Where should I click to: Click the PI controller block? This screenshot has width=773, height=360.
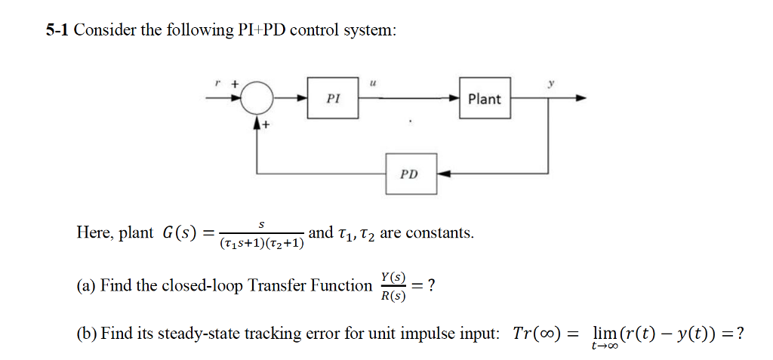333,97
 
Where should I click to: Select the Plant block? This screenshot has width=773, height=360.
484,98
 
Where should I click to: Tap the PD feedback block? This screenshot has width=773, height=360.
409,174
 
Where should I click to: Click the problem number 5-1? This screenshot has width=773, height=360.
57,30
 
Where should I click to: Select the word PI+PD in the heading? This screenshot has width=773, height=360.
260,30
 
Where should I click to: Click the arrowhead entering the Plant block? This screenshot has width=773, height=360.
454,98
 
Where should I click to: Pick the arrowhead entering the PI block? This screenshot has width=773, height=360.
302,98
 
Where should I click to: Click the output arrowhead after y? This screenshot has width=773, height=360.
581,98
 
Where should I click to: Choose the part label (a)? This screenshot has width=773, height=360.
86,286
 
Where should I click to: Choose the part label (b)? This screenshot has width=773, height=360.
86,333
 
